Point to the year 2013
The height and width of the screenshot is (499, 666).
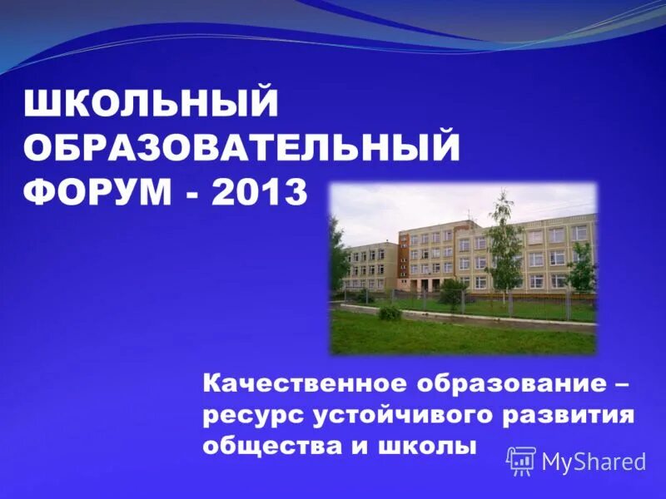[259, 193]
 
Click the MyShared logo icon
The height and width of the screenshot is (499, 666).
[521, 460]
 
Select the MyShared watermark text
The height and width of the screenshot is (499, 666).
[594, 462]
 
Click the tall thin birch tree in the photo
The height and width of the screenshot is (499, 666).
[504, 241]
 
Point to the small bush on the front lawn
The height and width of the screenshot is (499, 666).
[389, 313]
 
